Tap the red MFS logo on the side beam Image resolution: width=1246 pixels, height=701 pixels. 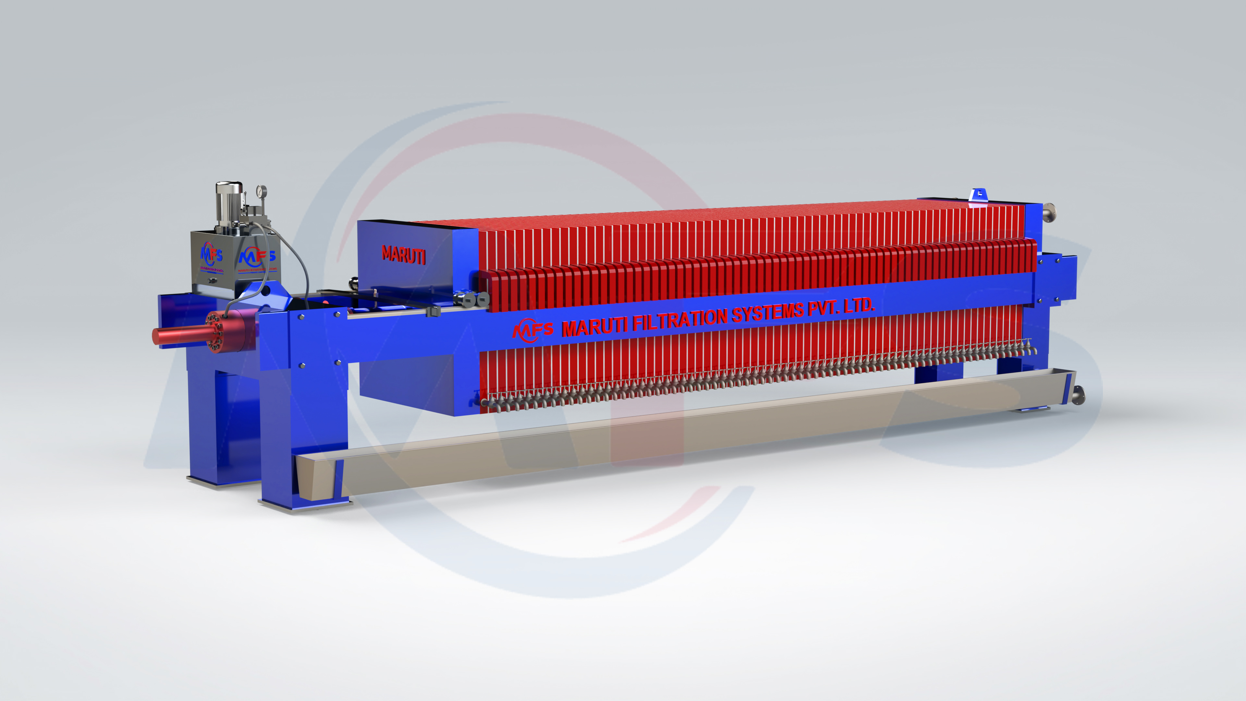pyautogui.click(x=532, y=330)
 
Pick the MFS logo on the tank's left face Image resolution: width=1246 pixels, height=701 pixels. pyautogui.click(x=211, y=253)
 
